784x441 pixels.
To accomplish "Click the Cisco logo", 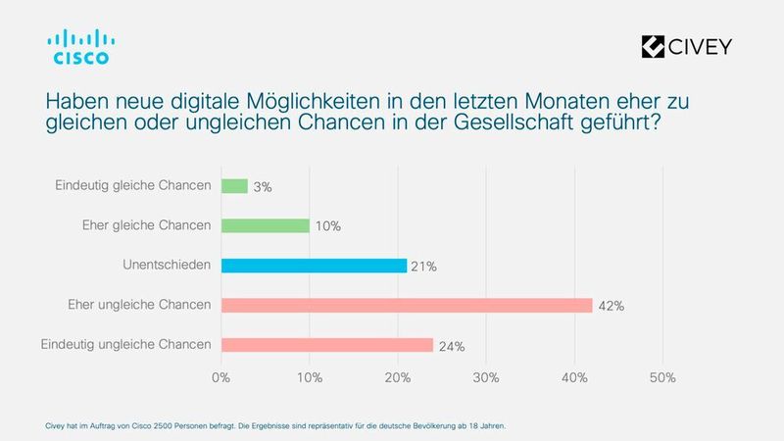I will tap(80, 46).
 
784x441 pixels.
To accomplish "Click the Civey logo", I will tap(685, 46).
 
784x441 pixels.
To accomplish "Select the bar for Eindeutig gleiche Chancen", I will tap(234, 186).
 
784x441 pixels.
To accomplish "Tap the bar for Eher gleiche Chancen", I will tap(266, 225).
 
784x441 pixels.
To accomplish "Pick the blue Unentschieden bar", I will tap(314, 266).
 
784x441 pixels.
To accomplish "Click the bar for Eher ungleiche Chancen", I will tap(407, 305).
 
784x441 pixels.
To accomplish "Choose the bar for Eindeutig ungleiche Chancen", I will tap(327, 345).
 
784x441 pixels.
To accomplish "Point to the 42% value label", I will tap(612, 306).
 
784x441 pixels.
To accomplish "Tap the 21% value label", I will tap(423, 266).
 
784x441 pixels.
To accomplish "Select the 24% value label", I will tap(451, 345).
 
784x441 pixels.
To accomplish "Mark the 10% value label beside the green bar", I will tap(328, 226).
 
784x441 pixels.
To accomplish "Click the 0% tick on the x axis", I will tap(221, 377).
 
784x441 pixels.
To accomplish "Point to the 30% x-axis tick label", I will tap(486, 377).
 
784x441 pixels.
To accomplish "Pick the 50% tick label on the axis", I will tap(662, 377).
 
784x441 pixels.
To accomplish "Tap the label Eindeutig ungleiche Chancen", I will tap(126, 345).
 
